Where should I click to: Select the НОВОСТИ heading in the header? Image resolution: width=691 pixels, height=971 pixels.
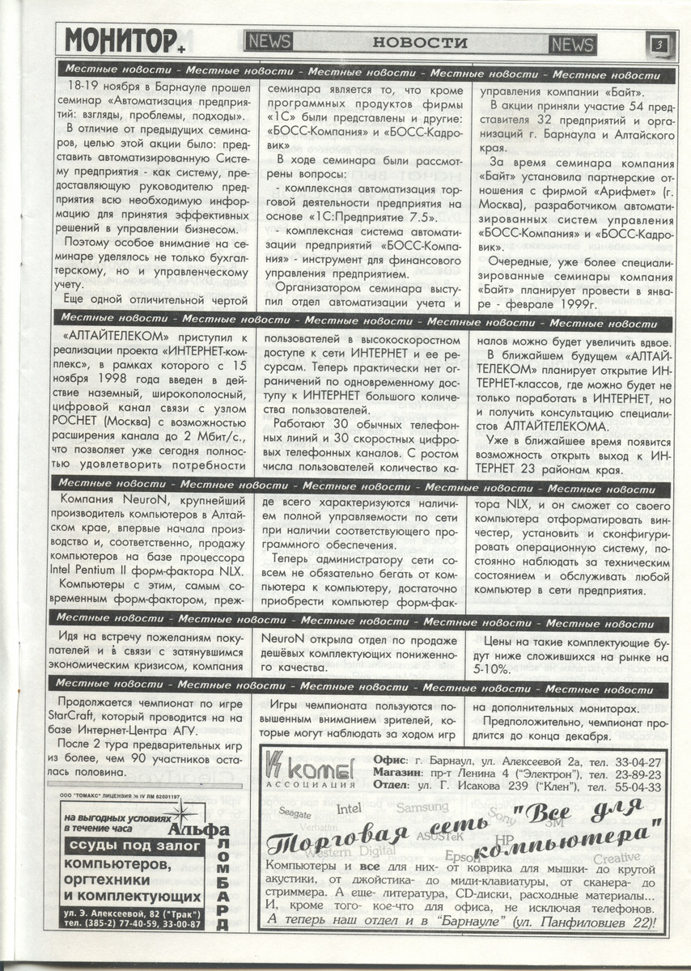coord(420,42)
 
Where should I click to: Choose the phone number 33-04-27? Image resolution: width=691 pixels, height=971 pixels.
coord(638,761)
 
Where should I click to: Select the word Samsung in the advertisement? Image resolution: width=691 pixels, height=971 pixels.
coord(422,808)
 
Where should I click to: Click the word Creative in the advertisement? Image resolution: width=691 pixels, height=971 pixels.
coord(617,857)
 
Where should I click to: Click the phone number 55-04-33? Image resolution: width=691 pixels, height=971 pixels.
coord(638,787)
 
